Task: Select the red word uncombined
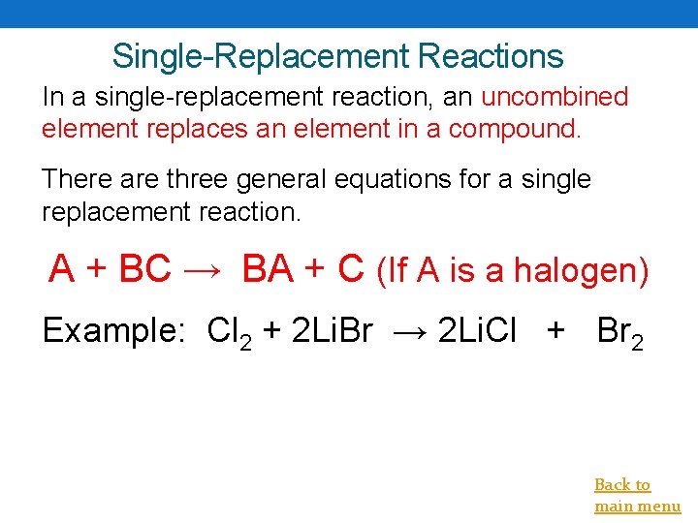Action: (x=555, y=97)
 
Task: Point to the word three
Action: (x=201, y=179)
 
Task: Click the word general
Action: (x=298, y=179)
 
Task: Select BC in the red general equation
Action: (x=144, y=269)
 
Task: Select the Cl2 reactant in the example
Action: (x=231, y=333)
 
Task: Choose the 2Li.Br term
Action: (x=330, y=331)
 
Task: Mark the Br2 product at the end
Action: (x=619, y=333)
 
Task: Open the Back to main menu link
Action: (x=636, y=495)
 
